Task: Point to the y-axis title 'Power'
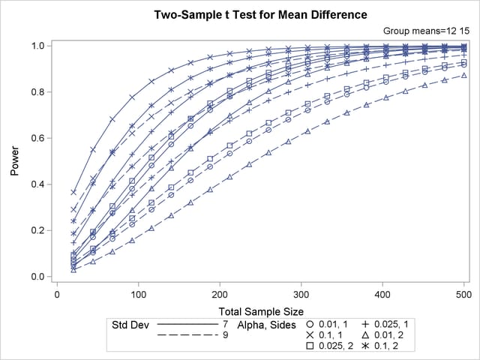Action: tap(15, 160)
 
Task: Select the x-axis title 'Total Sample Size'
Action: tap(260, 310)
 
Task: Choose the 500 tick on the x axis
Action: tap(464, 295)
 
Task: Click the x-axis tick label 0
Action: tap(58, 295)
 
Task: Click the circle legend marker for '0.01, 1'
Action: tap(310, 325)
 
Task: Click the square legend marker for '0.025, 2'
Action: tap(310, 347)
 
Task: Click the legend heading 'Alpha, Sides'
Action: tap(261, 325)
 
